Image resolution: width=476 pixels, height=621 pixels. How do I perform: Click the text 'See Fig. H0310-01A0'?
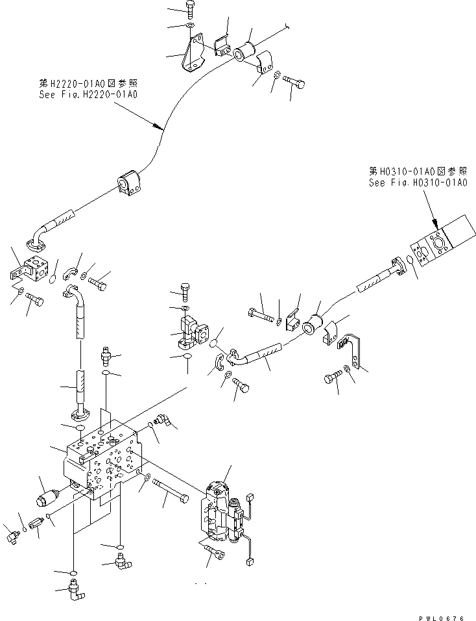[418, 183]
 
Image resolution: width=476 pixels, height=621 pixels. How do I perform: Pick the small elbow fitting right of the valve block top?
[160, 422]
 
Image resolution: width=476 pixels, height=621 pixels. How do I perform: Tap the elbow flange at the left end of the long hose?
[38, 237]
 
